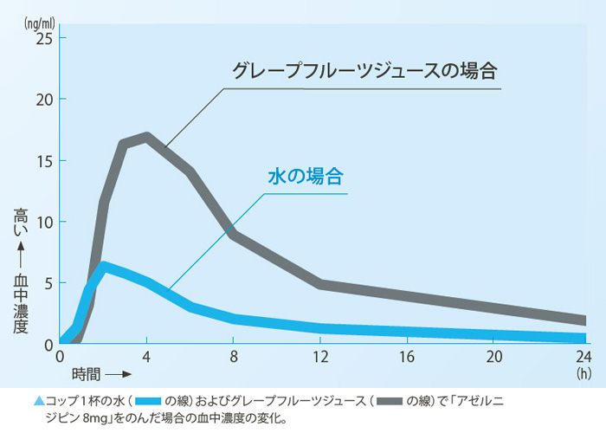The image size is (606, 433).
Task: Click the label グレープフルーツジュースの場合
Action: [368, 70]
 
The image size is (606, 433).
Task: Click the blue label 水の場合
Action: [305, 177]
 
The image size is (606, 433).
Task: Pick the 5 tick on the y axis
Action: [48, 283]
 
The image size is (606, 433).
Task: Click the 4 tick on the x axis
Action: [147, 357]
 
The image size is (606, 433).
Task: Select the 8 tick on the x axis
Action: [234, 357]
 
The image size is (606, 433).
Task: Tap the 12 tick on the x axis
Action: [321, 357]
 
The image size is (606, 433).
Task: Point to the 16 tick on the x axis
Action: [408, 357]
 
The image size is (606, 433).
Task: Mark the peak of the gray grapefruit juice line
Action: [147, 136]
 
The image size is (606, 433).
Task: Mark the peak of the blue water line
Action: [105, 265]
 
